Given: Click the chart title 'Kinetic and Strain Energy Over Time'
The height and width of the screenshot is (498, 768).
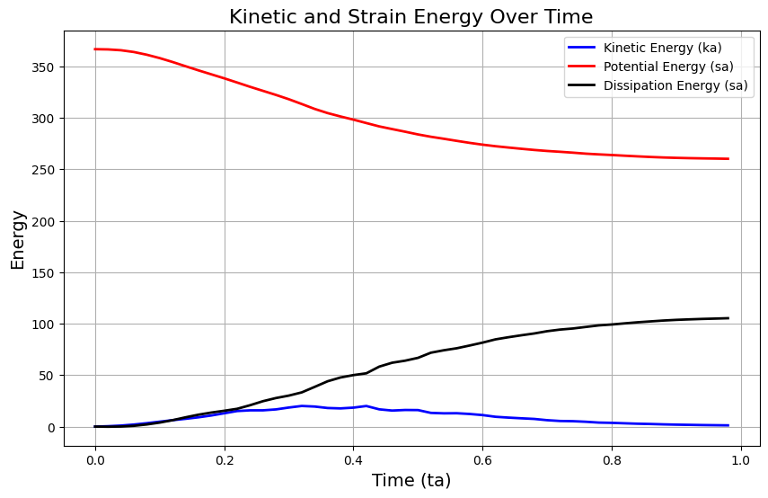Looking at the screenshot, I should tap(410, 17).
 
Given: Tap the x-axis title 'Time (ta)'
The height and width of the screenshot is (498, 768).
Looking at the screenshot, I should tap(410, 481).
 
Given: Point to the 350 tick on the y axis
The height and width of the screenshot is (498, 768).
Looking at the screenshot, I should tap(43, 67).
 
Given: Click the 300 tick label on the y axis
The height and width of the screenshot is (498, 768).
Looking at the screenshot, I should tap(43, 119).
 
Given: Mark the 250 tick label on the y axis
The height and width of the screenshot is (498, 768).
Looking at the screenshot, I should tap(43, 170).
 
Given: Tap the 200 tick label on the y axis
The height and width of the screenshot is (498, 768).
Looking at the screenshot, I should tap(43, 222).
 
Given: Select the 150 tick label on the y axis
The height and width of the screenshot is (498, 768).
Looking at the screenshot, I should tap(43, 273).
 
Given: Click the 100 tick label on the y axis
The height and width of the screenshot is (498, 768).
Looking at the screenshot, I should tap(43, 325).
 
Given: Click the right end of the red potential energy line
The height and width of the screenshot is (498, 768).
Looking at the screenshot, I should tap(728, 159).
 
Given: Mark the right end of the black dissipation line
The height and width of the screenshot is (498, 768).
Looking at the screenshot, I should tap(728, 318).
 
